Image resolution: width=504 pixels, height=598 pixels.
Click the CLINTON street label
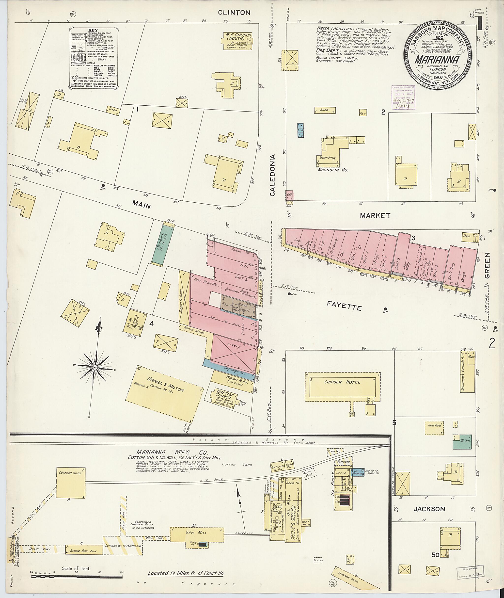coord(234,13)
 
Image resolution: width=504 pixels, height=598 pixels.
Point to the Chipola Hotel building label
coord(342,382)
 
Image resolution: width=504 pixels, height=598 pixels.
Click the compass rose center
coord(95,367)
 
